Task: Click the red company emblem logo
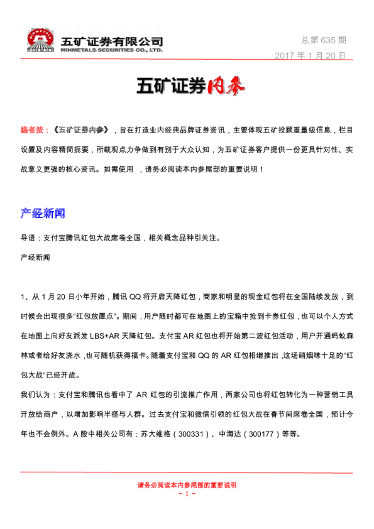point(41,40)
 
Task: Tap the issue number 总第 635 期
point(324,40)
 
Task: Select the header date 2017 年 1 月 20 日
point(311,55)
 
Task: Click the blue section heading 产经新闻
point(43,214)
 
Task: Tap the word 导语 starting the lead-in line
point(28,238)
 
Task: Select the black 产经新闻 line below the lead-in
point(35,258)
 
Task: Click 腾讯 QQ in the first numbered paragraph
point(126,296)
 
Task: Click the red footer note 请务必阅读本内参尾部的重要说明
point(187,485)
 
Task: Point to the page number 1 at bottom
point(187,494)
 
